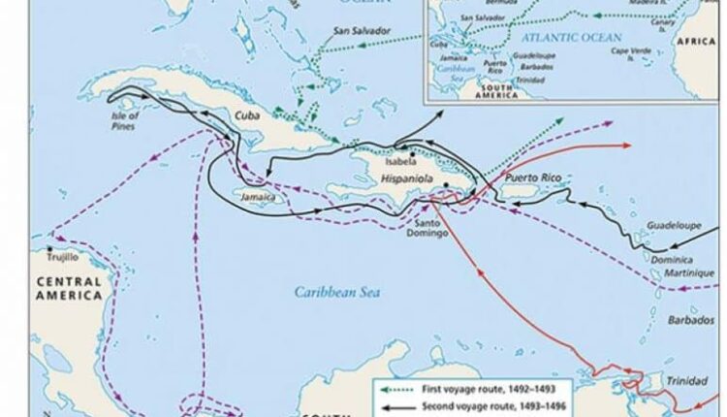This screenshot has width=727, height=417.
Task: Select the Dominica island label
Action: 672,259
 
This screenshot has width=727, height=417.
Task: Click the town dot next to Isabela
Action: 413,154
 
